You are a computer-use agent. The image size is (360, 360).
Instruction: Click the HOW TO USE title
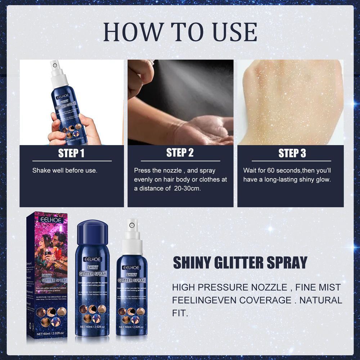[180, 32]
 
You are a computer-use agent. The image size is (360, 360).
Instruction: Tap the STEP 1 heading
[71, 154]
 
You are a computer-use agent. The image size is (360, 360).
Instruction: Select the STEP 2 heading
[180, 153]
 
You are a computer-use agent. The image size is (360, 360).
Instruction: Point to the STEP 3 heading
[292, 154]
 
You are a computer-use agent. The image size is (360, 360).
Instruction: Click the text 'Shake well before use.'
[65, 170]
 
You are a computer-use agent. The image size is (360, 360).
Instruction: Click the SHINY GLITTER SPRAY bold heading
[240, 263]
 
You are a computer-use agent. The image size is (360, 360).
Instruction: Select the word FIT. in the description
[180, 312]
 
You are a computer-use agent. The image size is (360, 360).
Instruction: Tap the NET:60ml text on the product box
[50, 334]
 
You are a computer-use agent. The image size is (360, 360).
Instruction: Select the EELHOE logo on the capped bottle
[93, 259]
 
